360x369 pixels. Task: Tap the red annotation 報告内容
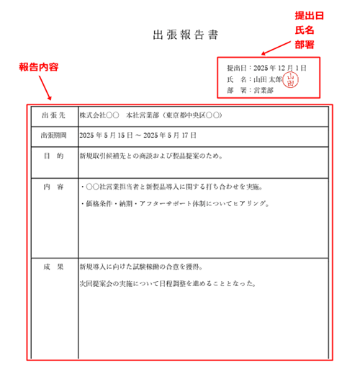[38, 66]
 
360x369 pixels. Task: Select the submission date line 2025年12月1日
[266, 67]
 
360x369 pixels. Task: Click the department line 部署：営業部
[248, 91]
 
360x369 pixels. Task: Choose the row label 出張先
[54, 115]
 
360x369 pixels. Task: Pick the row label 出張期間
[54, 135]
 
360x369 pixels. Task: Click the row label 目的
[54, 155]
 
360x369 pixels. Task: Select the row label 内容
[54, 187]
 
